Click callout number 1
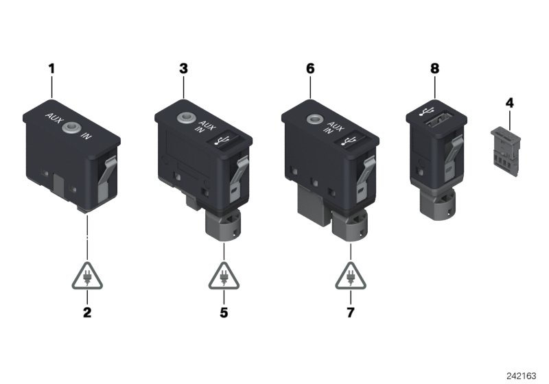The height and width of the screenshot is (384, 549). (x=51, y=69)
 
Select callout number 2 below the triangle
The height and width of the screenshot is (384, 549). (x=86, y=314)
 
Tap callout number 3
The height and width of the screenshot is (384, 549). (x=183, y=69)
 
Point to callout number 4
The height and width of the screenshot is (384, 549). (x=509, y=104)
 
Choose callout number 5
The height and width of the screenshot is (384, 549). (x=223, y=314)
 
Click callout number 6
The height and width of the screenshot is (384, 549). (x=310, y=69)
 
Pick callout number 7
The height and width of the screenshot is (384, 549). (x=350, y=314)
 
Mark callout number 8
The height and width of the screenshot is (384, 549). (x=434, y=69)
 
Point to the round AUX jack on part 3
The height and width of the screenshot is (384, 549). (x=183, y=119)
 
